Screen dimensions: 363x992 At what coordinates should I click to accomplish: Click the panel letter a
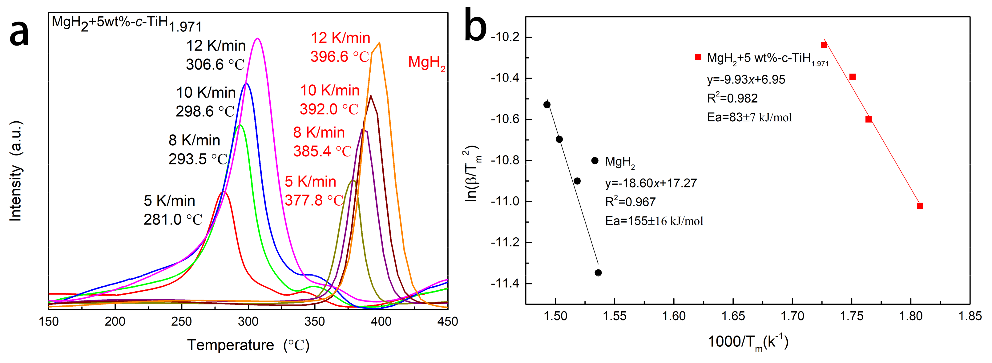(19, 34)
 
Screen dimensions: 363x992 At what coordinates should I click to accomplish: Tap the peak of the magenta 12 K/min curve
(257, 38)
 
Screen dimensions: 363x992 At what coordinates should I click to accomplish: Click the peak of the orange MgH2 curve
(379, 43)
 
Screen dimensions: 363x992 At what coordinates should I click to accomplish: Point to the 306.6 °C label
(215, 64)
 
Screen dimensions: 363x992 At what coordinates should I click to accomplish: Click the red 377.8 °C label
(314, 200)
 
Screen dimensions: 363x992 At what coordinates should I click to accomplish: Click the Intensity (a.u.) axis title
(16, 171)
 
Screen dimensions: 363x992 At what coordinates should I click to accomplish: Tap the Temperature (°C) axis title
(248, 345)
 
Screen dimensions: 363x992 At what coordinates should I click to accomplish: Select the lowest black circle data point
(598, 272)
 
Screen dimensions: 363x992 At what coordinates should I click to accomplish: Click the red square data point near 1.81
(920, 206)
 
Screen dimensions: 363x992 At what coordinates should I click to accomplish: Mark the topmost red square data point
(824, 45)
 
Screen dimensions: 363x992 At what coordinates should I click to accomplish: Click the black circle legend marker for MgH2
(595, 160)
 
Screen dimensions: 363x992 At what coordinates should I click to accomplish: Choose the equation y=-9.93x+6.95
(746, 80)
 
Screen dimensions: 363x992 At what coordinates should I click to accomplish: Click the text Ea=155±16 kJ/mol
(654, 221)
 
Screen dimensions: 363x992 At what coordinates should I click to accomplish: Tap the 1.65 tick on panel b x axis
(733, 316)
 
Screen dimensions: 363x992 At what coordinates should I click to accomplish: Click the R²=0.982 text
(732, 98)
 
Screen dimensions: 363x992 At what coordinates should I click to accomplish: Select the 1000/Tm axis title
(748, 342)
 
